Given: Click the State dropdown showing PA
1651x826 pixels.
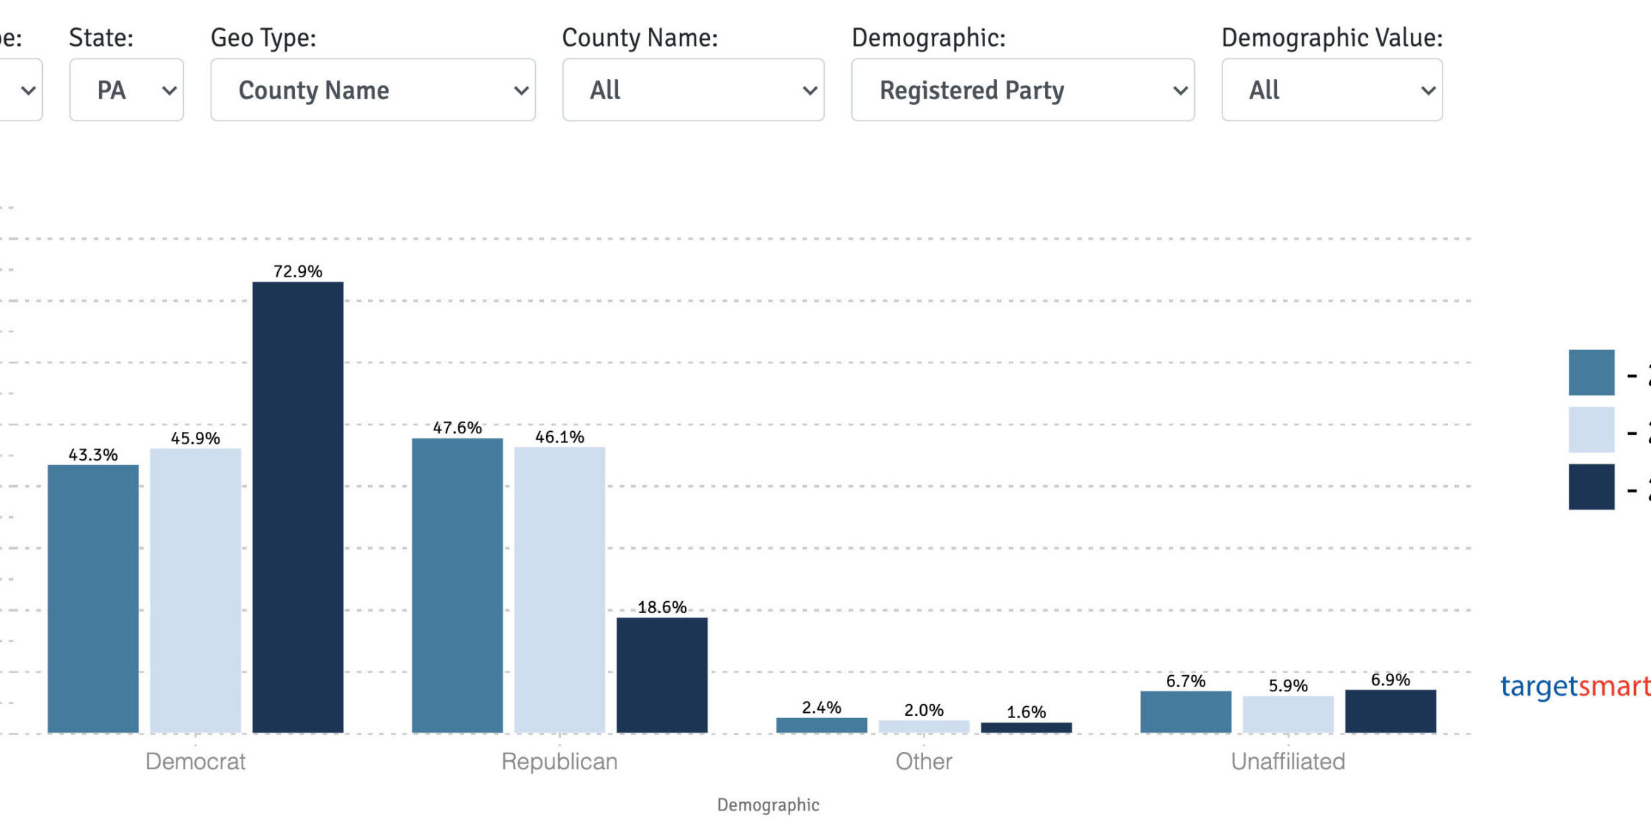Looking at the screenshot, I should (126, 90).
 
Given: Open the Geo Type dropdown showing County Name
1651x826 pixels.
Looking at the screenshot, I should (372, 90).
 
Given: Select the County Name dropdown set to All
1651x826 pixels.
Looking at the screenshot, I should (692, 90).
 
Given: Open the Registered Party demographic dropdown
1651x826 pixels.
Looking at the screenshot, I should (1022, 90).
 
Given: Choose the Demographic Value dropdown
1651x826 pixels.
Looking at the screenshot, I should (1331, 90).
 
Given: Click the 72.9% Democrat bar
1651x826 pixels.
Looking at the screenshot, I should (298, 507).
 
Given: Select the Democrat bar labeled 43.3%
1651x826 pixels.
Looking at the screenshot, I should (93, 599).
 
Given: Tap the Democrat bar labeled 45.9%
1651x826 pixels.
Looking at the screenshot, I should (196, 591).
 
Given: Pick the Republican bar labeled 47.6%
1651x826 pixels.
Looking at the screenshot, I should (457, 586).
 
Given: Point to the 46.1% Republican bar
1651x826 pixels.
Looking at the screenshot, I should (559, 590).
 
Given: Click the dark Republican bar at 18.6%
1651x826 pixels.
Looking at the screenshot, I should (662, 675).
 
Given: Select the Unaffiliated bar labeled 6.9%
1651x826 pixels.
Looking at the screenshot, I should (1390, 711).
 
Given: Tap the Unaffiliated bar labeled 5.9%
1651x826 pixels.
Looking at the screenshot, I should (1288, 714).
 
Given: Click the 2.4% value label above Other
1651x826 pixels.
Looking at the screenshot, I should (821, 708).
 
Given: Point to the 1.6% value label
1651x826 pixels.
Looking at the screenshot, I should (1026, 712).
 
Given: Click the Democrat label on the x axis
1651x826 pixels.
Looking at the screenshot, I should (195, 761).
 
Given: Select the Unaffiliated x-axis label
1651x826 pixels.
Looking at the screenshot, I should (1287, 761).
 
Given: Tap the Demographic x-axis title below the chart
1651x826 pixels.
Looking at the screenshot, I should (768, 805).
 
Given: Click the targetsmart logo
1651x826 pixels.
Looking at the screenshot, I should (1574, 686).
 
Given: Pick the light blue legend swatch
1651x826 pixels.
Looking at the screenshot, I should (1591, 430).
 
